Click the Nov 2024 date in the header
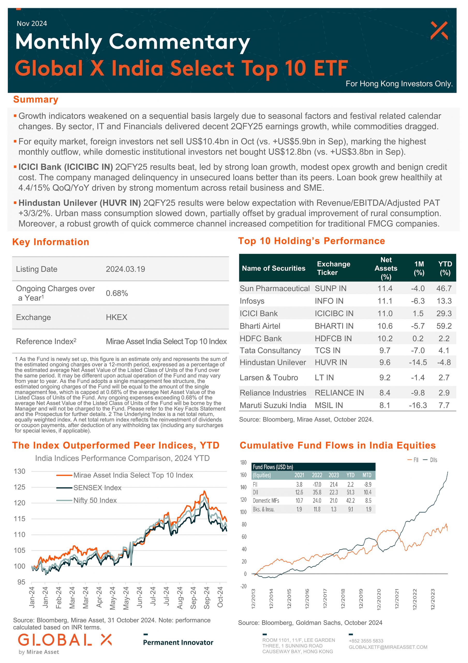coord(32,24)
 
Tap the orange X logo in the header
coord(439,30)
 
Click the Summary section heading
coord(36,99)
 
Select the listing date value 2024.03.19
coord(125,269)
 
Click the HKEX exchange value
coord(117,317)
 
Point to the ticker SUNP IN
coord(331,289)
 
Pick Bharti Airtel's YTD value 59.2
coord(444,326)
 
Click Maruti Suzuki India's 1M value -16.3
coord(418,405)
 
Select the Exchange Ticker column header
coord(333,268)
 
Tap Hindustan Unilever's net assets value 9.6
coord(385,362)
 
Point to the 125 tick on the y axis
coord(20,487)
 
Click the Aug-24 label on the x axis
coord(180,598)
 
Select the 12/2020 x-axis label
coord(379,599)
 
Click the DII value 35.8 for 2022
coord(317,492)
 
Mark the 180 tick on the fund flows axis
coord(243,462)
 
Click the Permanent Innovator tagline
coord(178,643)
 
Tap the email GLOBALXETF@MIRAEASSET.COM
coord(388,647)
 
